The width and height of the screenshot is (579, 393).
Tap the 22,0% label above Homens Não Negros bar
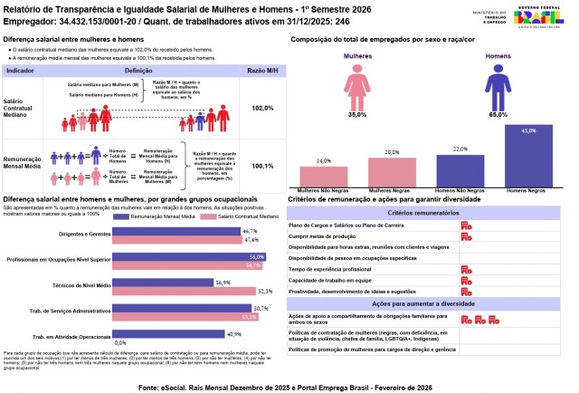tap(460, 149)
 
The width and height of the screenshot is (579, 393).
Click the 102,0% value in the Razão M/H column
tap(262, 108)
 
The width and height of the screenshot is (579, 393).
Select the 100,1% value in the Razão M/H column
tap(262, 166)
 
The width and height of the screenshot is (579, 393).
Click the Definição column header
tap(138, 69)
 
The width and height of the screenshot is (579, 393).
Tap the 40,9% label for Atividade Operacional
tap(234, 334)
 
